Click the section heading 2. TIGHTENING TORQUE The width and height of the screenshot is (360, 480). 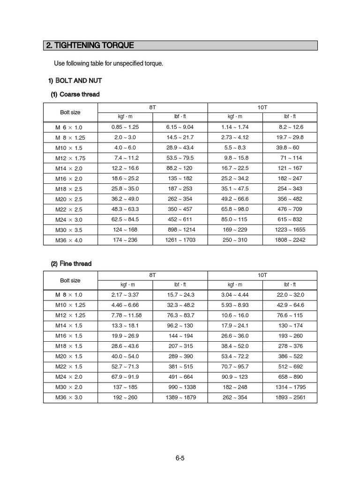pos(90,45)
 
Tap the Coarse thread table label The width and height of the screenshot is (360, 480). pos(75,94)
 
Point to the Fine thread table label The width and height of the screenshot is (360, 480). pos(71,263)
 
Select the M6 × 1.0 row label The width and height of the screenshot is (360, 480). pos(70,127)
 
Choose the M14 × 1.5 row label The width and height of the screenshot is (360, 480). pos(70,325)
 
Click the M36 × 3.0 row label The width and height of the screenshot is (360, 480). pos(70,397)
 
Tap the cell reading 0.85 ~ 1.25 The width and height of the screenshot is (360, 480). pos(125,127)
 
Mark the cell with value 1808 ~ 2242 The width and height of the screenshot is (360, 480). pos(290,240)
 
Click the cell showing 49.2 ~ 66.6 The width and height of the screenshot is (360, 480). pos(235,199)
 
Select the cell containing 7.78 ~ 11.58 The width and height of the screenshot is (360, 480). pos(126,315)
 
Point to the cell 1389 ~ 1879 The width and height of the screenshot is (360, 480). pos(180,397)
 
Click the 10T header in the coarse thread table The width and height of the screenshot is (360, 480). pos(262,107)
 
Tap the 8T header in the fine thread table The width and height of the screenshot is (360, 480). pos(153,275)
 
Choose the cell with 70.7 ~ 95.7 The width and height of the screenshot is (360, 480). pos(235,367)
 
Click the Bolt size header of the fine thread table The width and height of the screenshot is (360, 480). pos(70,280)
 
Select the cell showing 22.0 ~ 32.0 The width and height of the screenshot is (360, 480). pos(291,294)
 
